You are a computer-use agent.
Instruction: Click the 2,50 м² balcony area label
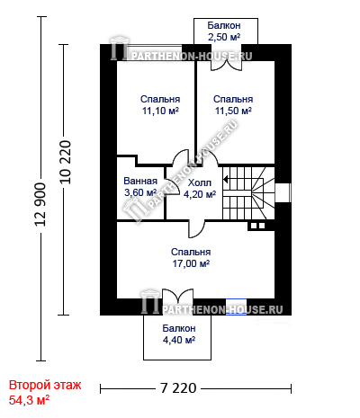pyautogui.click(x=224, y=37)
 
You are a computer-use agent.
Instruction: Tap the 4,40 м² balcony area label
pyautogui.click(x=179, y=340)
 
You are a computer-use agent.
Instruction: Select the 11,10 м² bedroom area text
pyautogui.click(x=160, y=111)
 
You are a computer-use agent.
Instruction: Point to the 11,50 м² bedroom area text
pyautogui.click(x=233, y=111)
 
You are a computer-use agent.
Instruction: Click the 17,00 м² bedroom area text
pyautogui.click(x=191, y=263)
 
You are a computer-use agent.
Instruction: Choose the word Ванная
pyautogui.click(x=140, y=181)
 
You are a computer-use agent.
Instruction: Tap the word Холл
pyautogui.click(x=200, y=182)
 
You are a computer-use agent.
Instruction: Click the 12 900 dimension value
pyautogui.click(x=40, y=204)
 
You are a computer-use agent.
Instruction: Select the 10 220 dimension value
pyautogui.click(x=66, y=162)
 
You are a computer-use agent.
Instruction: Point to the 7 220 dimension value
pyautogui.click(x=178, y=388)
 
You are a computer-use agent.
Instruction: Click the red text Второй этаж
pyautogui.click(x=45, y=385)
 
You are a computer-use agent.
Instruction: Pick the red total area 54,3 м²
pyautogui.click(x=29, y=400)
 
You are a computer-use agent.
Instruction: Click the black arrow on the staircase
pyautogui.click(x=226, y=180)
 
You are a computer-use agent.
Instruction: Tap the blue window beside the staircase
pyautogui.click(x=283, y=192)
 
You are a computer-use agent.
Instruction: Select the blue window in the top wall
pyautogui.click(x=154, y=53)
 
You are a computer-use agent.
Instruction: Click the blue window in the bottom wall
pyautogui.click(x=236, y=307)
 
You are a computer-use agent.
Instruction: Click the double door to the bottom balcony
pyautogui.click(x=178, y=294)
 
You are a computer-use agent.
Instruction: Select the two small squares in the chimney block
pyautogui.click(x=258, y=226)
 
